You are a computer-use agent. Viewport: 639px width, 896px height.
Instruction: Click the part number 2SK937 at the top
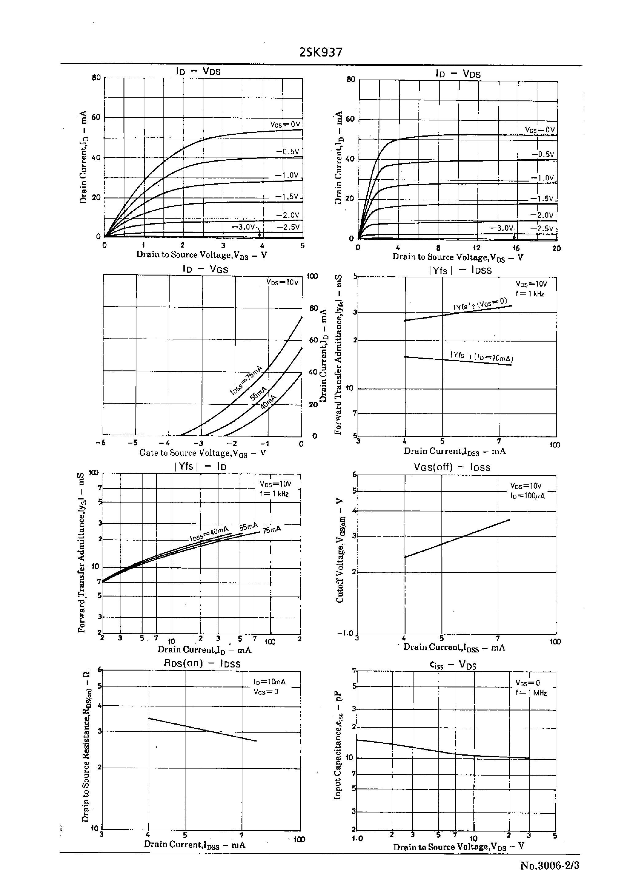click(320, 52)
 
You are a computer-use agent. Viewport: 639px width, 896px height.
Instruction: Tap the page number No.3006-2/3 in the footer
click(549, 865)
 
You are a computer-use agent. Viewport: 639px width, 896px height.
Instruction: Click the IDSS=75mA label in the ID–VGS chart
click(246, 380)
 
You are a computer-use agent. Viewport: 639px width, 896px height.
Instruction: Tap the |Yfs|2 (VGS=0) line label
click(480, 304)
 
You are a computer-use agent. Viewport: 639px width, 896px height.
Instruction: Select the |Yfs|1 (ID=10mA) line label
click(482, 356)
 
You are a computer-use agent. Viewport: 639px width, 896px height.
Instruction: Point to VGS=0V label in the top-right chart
click(539, 130)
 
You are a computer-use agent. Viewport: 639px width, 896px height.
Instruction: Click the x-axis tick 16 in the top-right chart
click(516, 248)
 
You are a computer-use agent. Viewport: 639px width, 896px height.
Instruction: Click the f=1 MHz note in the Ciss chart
click(531, 693)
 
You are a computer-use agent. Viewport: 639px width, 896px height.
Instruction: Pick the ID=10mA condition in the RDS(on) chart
click(269, 682)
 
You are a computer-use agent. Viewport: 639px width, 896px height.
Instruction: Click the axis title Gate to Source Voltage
click(202, 453)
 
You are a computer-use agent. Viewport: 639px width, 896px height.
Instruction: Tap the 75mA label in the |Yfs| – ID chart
click(272, 530)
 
